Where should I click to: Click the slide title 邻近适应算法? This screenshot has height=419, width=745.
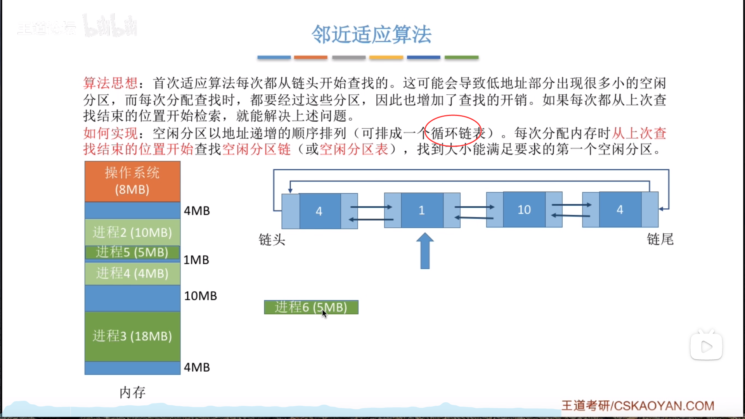click(x=371, y=35)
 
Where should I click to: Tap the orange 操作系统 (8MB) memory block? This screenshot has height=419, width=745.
click(x=132, y=181)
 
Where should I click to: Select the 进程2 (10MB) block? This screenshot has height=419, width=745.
click(x=132, y=232)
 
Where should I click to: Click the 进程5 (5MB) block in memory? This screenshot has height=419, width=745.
click(x=132, y=252)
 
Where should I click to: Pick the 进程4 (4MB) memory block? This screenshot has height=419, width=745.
click(x=132, y=274)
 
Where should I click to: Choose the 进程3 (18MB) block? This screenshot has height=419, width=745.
click(x=132, y=336)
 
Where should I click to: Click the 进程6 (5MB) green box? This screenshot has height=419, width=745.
click(x=311, y=307)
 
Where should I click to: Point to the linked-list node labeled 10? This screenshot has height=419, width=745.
click(x=524, y=210)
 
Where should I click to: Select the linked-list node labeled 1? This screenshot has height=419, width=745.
click(x=422, y=210)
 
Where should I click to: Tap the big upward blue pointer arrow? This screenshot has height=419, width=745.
click(x=425, y=251)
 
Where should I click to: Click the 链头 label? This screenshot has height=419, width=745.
click(x=272, y=240)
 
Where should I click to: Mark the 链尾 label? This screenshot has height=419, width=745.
click(x=660, y=239)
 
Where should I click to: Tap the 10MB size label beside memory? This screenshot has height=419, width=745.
click(x=200, y=296)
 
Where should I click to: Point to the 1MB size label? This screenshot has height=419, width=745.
click(x=196, y=260)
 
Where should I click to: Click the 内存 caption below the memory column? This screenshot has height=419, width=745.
click(x=132, y=393)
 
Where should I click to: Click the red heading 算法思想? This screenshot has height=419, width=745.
click(x=110, y=83)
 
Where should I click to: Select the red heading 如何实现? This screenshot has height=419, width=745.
click(x=110, y=133)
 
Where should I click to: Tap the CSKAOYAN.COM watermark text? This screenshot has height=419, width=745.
click(x=638, y=406)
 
